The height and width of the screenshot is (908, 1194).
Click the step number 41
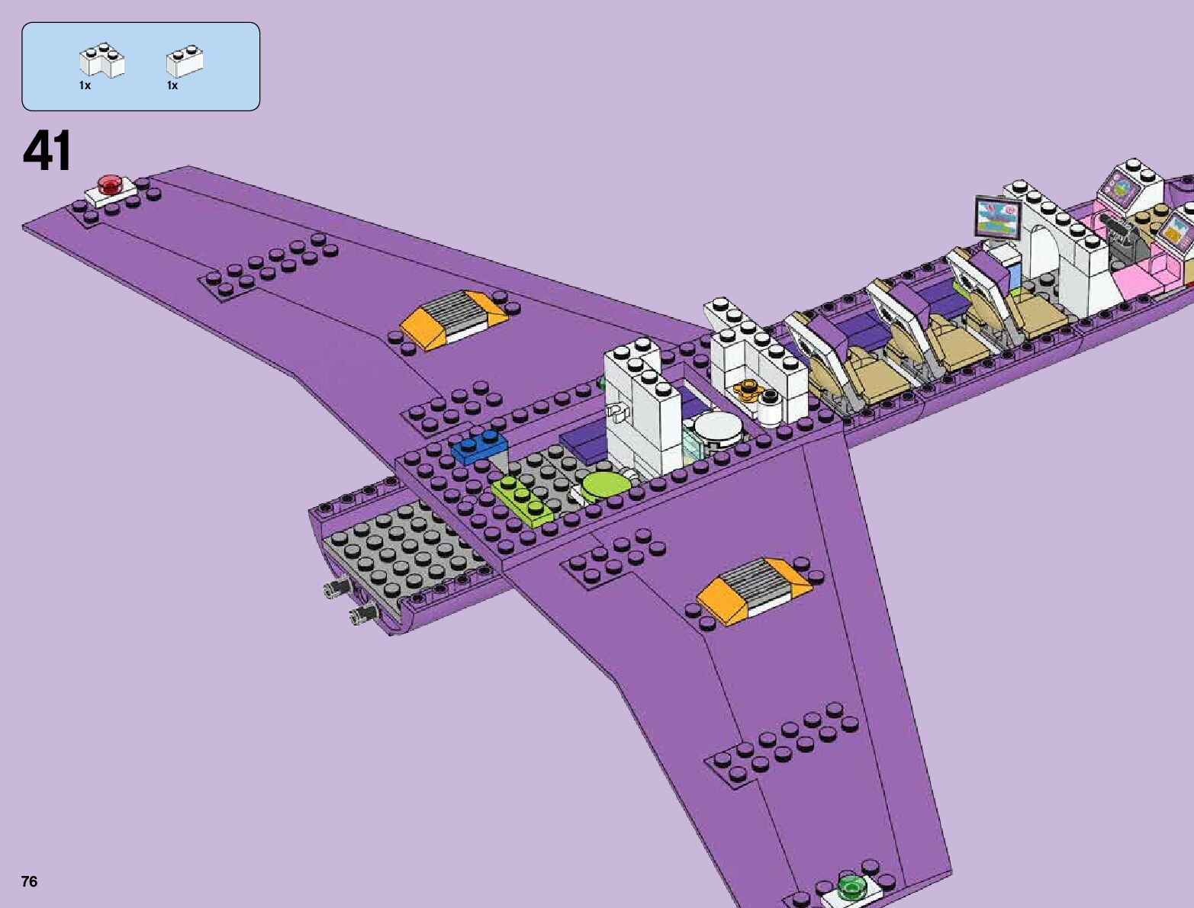pos(47,151)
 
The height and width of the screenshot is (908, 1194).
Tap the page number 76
pos(29,882)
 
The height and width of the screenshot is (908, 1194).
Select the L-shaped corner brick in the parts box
pos(102,61)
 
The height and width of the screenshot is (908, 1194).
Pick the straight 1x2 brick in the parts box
pos(185,62)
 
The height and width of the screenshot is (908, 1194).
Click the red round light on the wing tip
pos(110,184)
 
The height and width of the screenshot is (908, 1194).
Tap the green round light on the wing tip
pos(850,885)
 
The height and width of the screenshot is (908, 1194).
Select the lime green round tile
pos(604,485)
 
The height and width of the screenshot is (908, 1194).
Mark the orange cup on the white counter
pos(746,391)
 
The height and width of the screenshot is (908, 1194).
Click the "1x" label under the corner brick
pos(85,85)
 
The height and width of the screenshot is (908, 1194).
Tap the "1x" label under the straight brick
pos(172,85)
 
